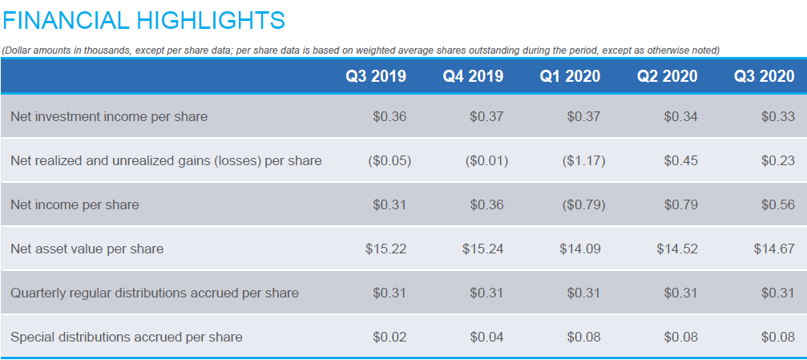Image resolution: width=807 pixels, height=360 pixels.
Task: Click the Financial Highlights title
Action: [x=143, y=19]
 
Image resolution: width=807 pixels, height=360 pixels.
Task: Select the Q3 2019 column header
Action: [x=376, y=76]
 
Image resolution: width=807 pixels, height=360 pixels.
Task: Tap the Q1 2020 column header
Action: [x=570, y=76]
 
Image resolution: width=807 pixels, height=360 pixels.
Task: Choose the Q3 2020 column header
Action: [x=764, y=76]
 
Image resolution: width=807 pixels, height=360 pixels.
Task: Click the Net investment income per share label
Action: [x=109, y=117]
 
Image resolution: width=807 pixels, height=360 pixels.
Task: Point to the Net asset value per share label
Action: [x=87, y=249]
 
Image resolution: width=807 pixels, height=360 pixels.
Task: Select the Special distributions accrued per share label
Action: [x=126, y=338]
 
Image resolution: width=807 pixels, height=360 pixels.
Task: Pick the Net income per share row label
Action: [x=75, y=205]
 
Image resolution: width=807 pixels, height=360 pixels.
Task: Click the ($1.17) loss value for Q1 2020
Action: [x=583, y=161]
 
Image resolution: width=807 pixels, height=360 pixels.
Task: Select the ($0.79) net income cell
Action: [x=583, y=205]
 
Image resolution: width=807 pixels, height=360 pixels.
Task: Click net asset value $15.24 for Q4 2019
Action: [x=482, y=249]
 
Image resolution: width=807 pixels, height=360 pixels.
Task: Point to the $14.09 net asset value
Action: [x=579, y=249]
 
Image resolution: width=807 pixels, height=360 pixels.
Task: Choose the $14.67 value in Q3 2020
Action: [x=773, y=249]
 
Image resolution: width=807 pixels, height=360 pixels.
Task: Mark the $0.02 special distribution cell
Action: [x=389, y=338]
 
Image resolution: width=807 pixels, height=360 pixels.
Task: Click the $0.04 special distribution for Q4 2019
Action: [x=486, y=338]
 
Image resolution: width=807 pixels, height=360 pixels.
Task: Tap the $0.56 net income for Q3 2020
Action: [x=777, y=205]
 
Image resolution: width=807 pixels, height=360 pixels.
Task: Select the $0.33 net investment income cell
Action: [x=777, y=117]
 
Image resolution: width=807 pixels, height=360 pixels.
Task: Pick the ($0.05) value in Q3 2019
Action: [x=389, y=161]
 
